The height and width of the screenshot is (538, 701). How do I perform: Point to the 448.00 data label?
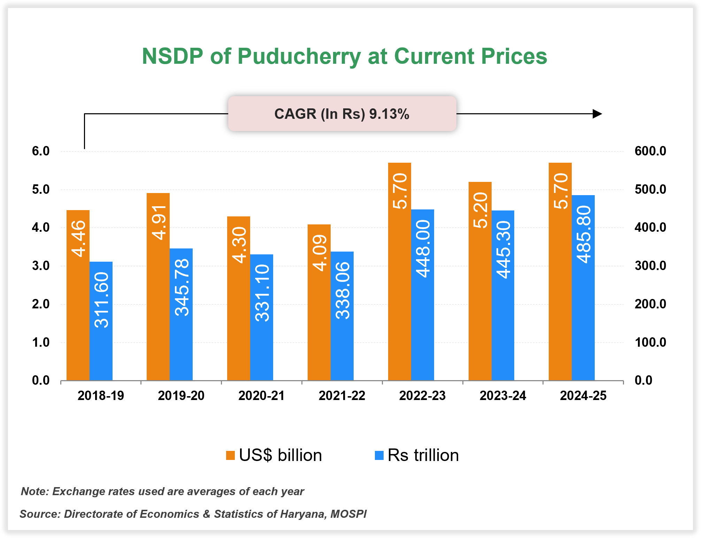coord(423,249)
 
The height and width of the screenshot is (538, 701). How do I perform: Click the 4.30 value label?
coord(239,245)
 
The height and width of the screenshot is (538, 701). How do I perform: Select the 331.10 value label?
coord(262,293)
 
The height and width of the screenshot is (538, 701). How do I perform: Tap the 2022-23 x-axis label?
coord(422,396)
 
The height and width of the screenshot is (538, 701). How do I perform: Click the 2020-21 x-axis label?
coord(261,396)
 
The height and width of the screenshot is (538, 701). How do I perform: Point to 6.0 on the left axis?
coord(41,151)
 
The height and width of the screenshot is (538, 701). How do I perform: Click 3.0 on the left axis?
coord(41,266)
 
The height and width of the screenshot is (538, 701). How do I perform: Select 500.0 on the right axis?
coord(650,190)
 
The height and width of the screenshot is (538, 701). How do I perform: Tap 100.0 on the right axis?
coord(650,342)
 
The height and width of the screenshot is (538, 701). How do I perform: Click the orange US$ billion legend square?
coord(230,455)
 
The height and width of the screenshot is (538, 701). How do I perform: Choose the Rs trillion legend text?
coord(423,455)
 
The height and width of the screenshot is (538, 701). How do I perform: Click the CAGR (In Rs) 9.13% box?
coord(342,114)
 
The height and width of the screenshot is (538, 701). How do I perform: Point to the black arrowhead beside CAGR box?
coord(597,114)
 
